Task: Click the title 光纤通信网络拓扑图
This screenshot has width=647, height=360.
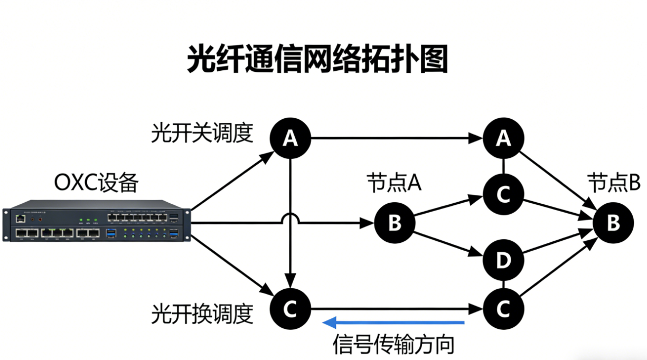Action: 317,59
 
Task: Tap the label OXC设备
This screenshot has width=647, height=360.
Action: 96,183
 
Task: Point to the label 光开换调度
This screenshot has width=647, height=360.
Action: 202,314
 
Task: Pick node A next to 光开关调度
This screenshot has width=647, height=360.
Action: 290,138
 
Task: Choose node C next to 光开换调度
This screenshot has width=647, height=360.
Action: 290,309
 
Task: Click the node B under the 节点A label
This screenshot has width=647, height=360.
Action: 395,223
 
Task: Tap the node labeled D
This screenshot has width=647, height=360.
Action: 503,260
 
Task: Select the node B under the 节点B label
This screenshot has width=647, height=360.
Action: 613,223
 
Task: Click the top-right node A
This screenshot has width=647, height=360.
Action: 503,138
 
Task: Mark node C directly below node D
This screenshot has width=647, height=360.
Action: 503,309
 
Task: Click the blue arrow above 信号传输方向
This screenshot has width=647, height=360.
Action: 393,322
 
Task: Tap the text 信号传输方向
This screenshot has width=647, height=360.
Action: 393,345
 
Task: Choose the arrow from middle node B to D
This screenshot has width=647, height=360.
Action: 449,246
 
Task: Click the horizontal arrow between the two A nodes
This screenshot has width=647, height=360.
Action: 396,139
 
